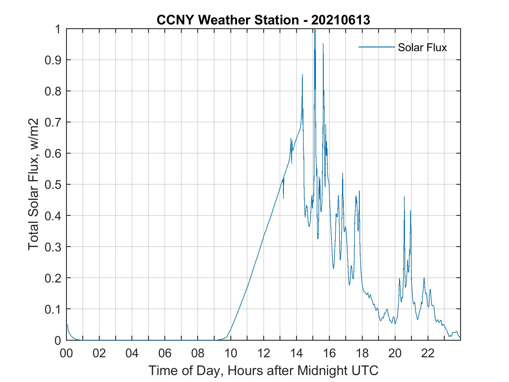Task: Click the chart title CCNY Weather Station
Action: pyautogui.click(x=263, y=20)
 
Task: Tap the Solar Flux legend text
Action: pyautogui.click(x=422, y=47)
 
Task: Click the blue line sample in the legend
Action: pyautogui.click(x=376, y=47)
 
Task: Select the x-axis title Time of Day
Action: pyautogui.click(x=263, y=371)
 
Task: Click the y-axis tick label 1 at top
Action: pyautogui.click(x=58, y=29)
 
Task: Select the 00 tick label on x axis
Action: pyautogui.click(x=66, y=353)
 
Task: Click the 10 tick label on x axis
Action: pyautogui.click(x=231, y=353)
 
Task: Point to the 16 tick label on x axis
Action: pyautogui.click(x=329, y=353)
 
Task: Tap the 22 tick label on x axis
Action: pyautogui.click(x=428, y=353)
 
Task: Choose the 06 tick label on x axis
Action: pyautogui.click(x=165, y=353)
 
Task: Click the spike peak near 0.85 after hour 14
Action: pyautogui.click(x=302, y=75)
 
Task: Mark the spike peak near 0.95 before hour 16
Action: pyautogui.click(x=323, y=44)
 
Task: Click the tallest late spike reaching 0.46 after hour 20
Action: pyautogui.click(x=404, y=197)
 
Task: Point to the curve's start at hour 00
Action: pyautogui.click(x=67, y=324)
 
